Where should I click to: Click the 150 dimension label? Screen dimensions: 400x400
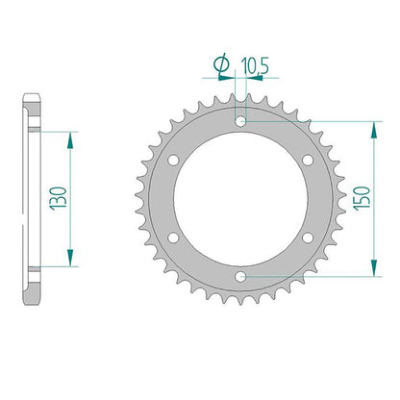coord(362,198)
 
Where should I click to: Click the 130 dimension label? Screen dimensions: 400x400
coord(58,198)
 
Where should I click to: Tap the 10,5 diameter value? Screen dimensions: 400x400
coord(255,65)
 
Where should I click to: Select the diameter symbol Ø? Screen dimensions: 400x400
coord(221,63)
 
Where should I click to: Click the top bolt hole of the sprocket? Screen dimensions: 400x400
coord(240,121)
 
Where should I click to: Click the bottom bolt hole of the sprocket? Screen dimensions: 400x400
coord(240,276)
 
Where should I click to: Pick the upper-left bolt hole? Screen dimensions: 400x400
coord(173,160)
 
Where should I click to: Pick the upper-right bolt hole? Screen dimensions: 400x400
coord(308,160)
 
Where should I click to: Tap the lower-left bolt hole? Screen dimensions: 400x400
coord(173,237)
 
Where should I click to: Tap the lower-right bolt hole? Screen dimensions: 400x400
coord(308,237)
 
